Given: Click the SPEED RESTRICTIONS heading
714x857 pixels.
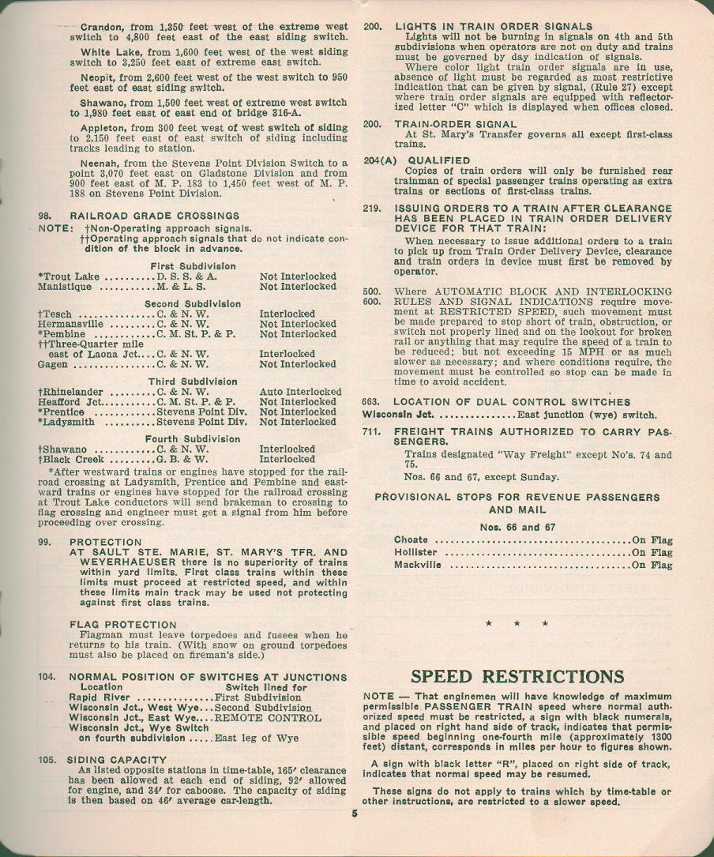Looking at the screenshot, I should (x=517, y=677).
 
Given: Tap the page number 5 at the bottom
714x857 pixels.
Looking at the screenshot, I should (x=355, y=816).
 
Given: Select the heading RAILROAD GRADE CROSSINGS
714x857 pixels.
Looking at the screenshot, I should (x=155, y=216).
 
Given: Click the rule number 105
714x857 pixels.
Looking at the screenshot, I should (x=47, y=760).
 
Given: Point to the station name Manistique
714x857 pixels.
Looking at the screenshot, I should (x=66, y=287).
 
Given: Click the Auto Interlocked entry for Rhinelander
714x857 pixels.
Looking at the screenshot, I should (x=300, y=392).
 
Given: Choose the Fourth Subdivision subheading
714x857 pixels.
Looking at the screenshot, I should (x=193, y=439).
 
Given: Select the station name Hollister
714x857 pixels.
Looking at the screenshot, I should (x=415, y=552).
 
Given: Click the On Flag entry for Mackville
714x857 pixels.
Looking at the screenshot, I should (x=652, y=565).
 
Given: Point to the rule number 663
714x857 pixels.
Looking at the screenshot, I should (x=371, y=402).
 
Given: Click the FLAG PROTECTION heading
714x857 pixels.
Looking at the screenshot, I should (x=123, y=625).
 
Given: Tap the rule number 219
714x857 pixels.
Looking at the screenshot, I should (x=371, y=208).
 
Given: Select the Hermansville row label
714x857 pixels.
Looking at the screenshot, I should (x=70, y=324).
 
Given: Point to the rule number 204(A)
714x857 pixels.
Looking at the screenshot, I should (x=378, y=160).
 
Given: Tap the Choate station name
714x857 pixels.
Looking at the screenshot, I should (x=411, y=539).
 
